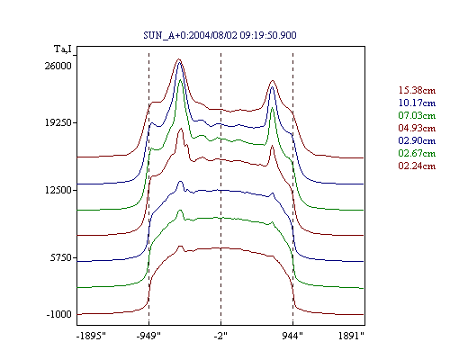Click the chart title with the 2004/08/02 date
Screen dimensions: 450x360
pos(220,35)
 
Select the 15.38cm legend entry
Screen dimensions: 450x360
pos(417,90)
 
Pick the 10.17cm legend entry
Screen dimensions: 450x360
pos(417,103)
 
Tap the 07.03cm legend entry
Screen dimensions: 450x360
pos(417,115)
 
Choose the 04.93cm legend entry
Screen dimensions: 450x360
pos(417,128)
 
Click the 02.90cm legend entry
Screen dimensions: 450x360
pos(417,140)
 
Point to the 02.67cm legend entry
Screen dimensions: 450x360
pos(417,153)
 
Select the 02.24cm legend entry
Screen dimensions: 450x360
pos(417,166)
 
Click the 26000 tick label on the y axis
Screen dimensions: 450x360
pos(58,66)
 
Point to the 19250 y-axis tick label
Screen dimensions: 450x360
pos(58,122)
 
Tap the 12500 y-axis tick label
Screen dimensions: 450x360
pos(58,190)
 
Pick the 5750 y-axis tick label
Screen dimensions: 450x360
pos(61,257)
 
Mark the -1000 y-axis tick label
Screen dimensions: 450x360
pos(58,314)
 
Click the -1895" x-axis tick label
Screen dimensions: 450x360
pos(92,336)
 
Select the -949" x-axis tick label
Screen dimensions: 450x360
pos(148,336)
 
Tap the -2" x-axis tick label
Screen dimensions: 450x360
pos(220,336)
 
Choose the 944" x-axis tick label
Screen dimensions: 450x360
pos(292,336)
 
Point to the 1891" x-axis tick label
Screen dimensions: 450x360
pos(351,336)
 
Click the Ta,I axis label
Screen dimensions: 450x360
pos(63,49)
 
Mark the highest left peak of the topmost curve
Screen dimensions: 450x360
pos(179,59)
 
